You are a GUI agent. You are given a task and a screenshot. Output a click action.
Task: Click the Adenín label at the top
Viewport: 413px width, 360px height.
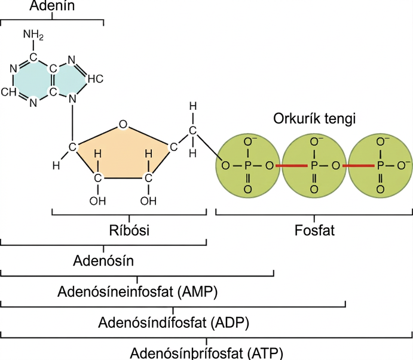click(x=52, y=5)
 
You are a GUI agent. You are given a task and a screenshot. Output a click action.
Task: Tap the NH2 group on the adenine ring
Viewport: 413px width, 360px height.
click(x=33, y=35)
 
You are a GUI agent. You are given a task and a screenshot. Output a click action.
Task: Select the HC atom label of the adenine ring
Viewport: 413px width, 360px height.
click(x=96, y=79)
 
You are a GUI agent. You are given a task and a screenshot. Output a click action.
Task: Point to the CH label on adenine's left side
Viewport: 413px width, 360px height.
click(x=9, y=92)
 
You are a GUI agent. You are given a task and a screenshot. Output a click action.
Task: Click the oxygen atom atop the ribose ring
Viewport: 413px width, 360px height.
click(x=123, y=124)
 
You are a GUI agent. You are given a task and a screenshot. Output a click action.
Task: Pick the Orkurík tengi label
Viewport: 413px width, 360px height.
click(x=314, y=118)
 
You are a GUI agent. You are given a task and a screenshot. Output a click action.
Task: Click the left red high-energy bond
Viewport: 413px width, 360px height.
click(x=291, y=166)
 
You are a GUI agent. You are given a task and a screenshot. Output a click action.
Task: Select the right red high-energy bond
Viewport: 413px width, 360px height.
click(x=358, y=166)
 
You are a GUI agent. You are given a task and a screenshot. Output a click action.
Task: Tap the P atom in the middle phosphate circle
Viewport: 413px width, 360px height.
click(x=314, y=166)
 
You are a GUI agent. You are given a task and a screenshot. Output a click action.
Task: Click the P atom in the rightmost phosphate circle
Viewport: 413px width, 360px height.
click(x=380, y=166)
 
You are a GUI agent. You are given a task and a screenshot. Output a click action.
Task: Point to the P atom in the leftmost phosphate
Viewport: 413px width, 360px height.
click(x=248, y=166)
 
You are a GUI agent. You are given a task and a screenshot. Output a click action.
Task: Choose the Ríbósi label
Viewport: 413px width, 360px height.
click(x=129, y=230)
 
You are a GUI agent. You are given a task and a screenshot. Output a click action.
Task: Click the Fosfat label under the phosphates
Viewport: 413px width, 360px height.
click(x=314, y=230)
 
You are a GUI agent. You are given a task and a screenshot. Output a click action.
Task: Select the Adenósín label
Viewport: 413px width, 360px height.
click(x=103, y=261)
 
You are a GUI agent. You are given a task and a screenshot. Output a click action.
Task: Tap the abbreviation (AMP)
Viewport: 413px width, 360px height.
click(x=198, y=291)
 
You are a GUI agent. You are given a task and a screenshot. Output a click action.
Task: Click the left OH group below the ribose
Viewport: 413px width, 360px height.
click(x=97, y=201)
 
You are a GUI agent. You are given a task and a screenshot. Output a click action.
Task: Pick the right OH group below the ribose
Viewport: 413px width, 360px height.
click(x=148, y=201)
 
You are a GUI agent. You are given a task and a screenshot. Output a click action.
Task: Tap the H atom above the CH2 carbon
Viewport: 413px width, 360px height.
click(x=193, y=107)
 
